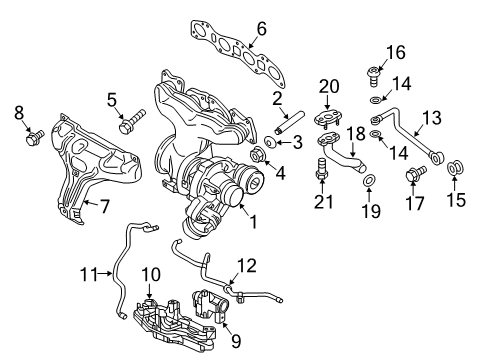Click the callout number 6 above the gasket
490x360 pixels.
point(261,29)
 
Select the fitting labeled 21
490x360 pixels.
point(323,173)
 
